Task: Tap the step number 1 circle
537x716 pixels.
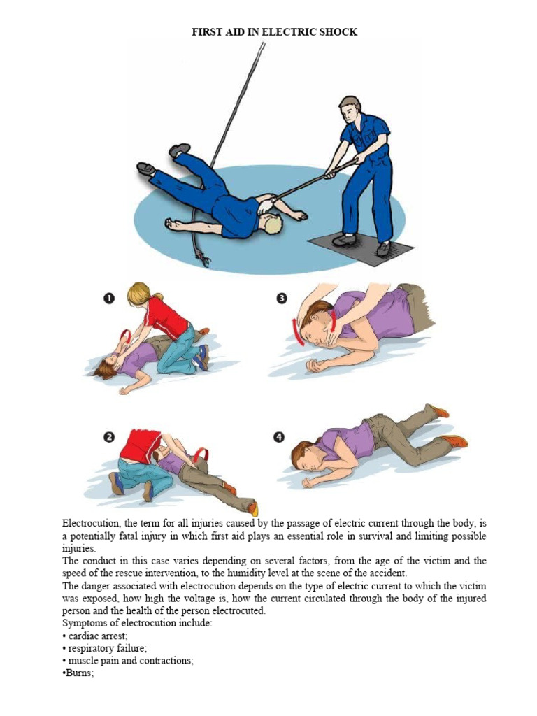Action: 109,299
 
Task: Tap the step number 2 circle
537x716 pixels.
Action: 109,438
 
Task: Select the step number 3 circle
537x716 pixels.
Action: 282,299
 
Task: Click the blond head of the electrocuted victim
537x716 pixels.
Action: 272,224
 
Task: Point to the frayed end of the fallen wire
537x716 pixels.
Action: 204,262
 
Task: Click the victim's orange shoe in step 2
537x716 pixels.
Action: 253,508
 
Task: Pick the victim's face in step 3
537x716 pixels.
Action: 316,331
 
